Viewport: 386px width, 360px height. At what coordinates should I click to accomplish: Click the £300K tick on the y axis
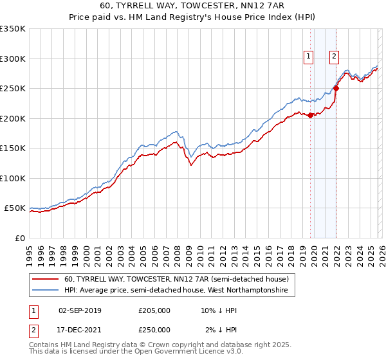pyautogui.click(x=13, y=59)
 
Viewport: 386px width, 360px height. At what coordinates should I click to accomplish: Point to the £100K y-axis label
pyautogui.click(x=13, y=178)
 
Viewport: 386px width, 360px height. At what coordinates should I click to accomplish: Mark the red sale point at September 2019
pyautogui.click(x=310, y=116)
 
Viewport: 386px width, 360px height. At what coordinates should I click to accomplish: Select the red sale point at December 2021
pyautogui.click(x=336, y=89)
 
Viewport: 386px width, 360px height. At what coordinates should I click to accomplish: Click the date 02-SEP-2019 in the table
pyautogui.click(x=80, y=310)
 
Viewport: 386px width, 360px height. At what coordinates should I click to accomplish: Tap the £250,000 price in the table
pyautogui.click(x=154, y=330)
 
